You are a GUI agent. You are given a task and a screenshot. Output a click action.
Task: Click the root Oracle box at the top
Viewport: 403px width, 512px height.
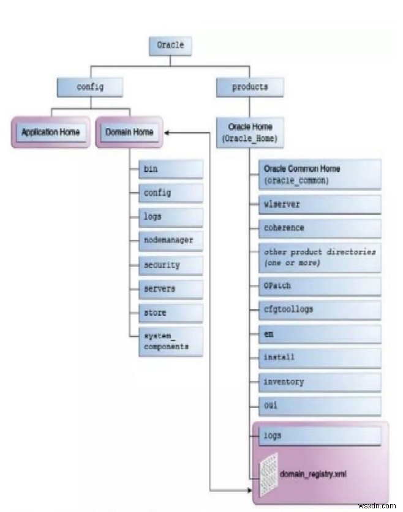(x=170, y=46)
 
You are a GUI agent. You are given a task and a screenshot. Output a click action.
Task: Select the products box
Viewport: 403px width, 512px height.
(x=250, y=87)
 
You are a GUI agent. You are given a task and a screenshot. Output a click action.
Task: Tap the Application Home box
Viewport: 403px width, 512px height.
(x=50, y=132)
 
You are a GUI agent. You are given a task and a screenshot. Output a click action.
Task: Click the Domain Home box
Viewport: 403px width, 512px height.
(x=129, y=132)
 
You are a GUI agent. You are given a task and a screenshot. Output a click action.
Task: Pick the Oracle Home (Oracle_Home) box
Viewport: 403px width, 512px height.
(x=250, y=133)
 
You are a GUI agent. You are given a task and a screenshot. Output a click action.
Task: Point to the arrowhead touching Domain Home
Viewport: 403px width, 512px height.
(x=167, y=132)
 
